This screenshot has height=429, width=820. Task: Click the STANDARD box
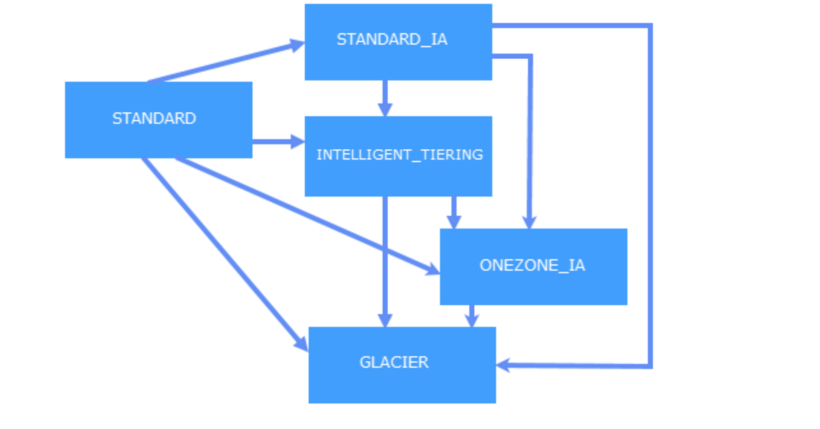pos(159,120)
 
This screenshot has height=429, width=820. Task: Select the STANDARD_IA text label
pos(392,40)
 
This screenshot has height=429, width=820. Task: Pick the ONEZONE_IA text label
pos(532,265)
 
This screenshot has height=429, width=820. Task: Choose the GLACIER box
pos(402,365)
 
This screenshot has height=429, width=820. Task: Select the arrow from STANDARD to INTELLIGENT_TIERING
pos(273,142)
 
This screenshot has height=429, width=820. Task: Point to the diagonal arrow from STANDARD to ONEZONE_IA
pos(307,216)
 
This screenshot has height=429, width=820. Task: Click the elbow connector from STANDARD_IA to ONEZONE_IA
pos(530,137)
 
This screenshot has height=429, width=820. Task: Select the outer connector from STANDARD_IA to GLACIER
pos(651,198)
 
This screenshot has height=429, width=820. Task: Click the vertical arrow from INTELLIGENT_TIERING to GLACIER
pos(385,260)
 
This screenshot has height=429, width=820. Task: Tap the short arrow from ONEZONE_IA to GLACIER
pos(471,315)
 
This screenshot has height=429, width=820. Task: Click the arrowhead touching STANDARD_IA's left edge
pos(297,45)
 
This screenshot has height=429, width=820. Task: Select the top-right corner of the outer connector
pos(651,26)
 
